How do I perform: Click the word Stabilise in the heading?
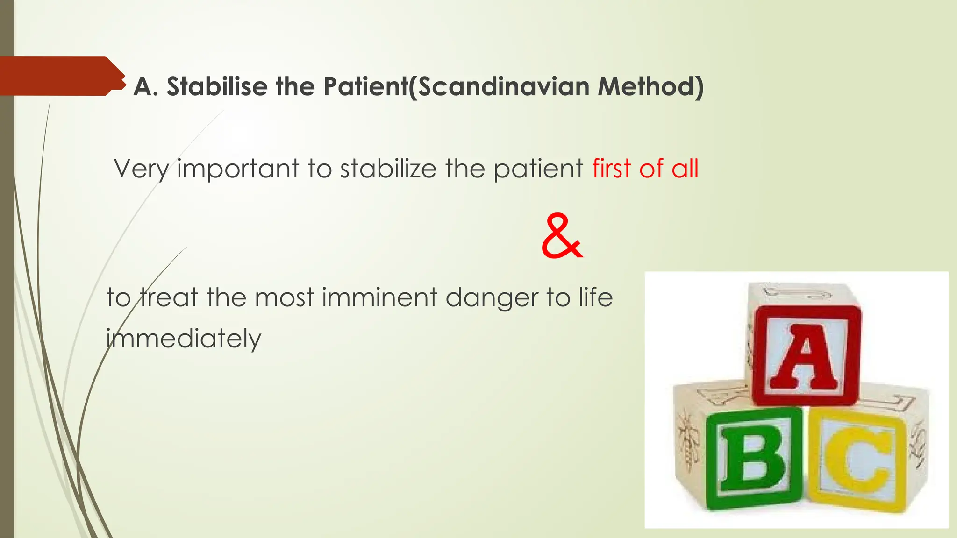(x=217, y=87)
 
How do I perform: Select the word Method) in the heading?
(x=650, y=87)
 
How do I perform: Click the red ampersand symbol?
(x=562, y=237)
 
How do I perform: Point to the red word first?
(x=612, y=169)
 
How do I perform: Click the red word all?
(x=685, y=169)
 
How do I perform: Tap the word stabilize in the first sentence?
(x=388, y=169)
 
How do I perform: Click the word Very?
(x=141, y=170)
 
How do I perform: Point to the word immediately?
(x=183, y=340)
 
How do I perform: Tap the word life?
(x=595, y=297)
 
